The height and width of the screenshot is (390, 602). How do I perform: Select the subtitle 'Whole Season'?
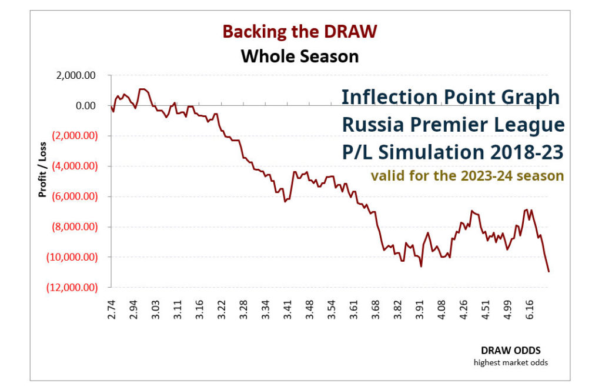(x=300, y=56)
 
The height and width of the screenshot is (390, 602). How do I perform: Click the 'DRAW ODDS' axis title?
(x=515, y=351)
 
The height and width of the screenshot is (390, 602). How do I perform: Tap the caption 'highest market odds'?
(x=510, y=362)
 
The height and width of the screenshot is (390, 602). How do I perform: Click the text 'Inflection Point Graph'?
(x=451, y=97)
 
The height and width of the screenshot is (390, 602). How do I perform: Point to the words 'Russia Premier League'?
(x=453, y=125)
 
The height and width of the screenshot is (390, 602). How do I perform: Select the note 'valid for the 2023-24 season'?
(x=467, y=175)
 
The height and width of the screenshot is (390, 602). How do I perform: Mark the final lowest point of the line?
(x=549, y=271)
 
